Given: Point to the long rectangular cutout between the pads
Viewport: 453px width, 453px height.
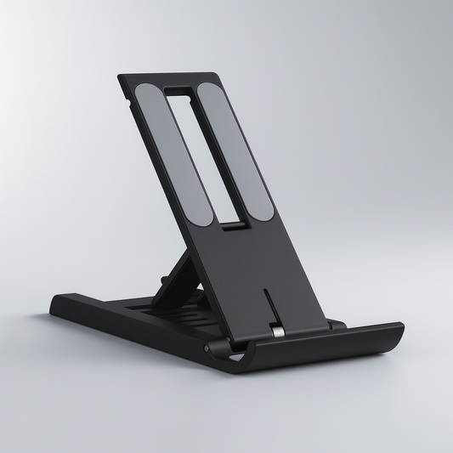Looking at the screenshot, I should (201, 153).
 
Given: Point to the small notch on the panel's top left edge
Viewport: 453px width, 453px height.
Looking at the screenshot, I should (128, 104).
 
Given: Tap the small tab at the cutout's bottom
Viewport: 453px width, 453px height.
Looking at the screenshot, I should (230, 225).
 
